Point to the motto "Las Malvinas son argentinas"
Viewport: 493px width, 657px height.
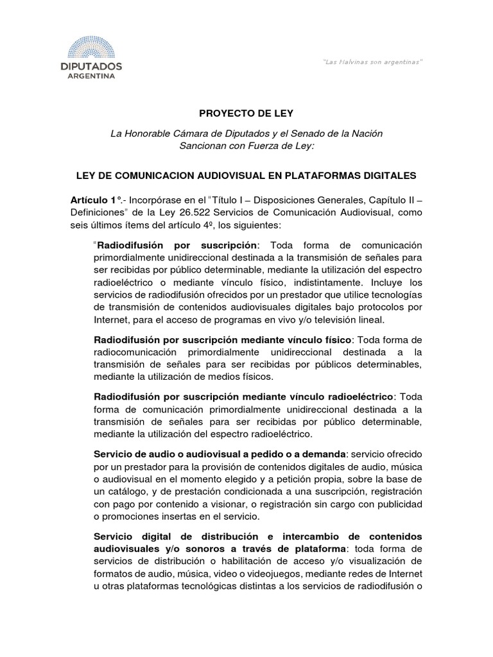click(372, 62)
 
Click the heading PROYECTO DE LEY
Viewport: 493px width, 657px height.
click(246, 114)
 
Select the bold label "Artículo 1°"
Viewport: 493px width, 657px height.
click(96, 200)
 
